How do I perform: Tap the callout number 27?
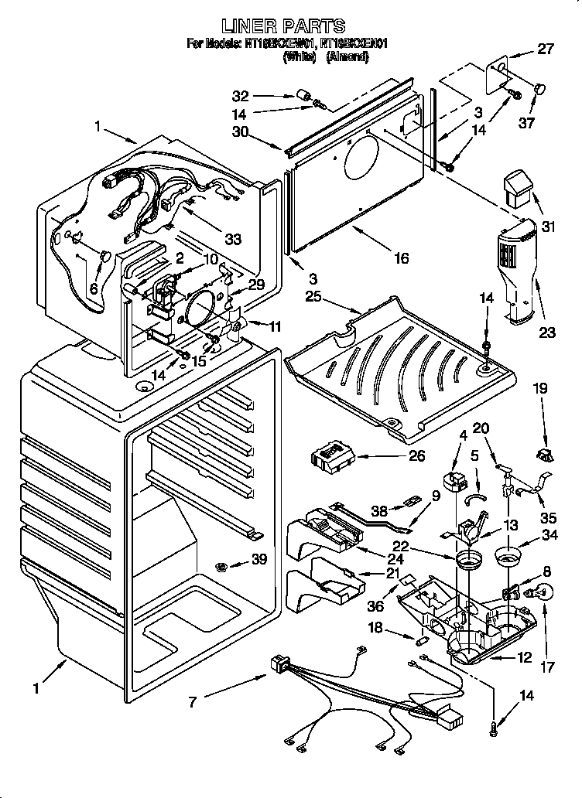(546, 51)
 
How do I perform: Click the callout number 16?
(400, 259)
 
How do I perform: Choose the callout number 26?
(416, 456)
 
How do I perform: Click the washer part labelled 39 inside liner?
(222, 567)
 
